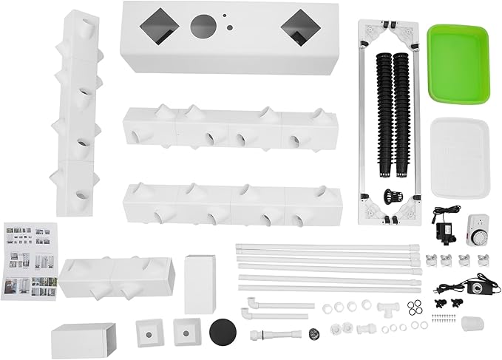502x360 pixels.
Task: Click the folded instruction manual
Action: pyautogui.click(x=30, y=260)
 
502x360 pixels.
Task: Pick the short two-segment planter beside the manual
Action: pyautogui.click(x=118, y=277)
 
